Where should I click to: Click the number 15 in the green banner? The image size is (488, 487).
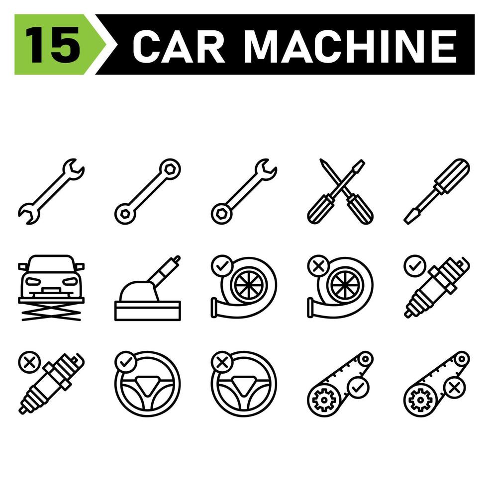point(52,45)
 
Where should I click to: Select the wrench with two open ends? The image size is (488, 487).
point(51,192)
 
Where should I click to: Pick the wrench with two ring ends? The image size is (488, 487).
point(148,192)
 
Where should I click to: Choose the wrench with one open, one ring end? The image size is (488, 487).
point(244,192)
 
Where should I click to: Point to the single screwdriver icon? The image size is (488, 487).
point(436,192)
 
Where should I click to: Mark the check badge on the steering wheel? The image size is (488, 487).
point(124,361)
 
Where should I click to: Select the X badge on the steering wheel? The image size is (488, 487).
point(221,361)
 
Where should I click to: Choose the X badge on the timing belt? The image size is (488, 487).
point(453,387)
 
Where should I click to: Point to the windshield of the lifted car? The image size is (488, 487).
point(51,263)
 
